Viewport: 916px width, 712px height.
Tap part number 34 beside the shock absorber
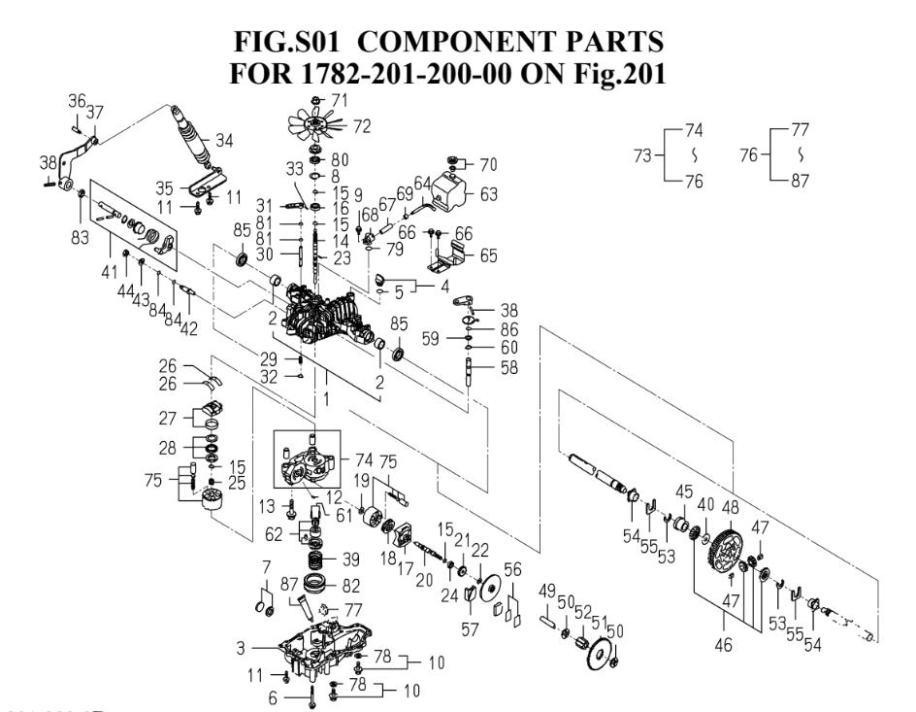224,141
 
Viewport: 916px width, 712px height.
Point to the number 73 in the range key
639,153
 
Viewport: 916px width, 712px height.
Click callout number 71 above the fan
339,100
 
